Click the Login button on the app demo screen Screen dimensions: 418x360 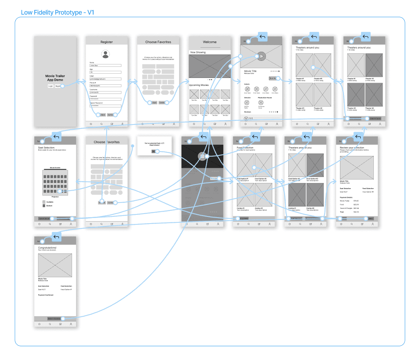point(51,86)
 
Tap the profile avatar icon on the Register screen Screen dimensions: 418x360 point(105,54)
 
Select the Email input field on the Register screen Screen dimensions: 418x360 point(105,79)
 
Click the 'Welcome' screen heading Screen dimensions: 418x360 point(210,42)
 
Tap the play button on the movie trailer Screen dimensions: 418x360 point(261,56)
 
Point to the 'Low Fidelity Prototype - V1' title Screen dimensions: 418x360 point(57,12)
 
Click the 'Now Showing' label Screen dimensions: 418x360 point(198,52)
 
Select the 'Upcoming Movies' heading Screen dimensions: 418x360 point(199,85)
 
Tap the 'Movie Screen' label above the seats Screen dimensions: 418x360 point(55,168)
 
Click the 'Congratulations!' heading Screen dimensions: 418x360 point(47,247)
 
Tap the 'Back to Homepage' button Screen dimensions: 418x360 point(54,319)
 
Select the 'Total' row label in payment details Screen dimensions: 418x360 point(342,212)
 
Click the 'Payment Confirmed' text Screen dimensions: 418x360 point(46,295)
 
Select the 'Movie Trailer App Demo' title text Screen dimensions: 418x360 point(55,78)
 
